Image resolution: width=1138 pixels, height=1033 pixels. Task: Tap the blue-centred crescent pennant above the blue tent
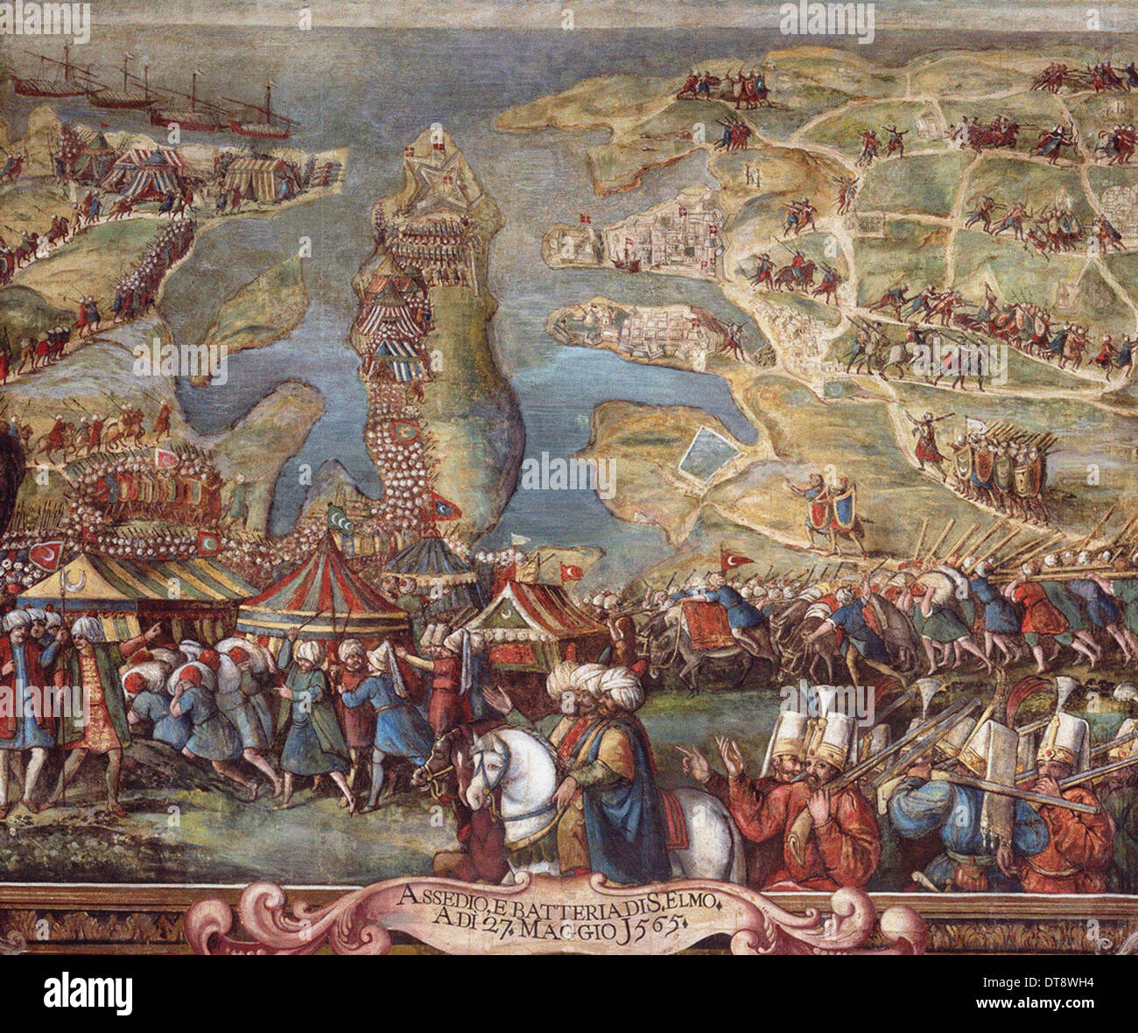446,505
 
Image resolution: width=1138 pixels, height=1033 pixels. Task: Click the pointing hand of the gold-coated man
154,629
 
